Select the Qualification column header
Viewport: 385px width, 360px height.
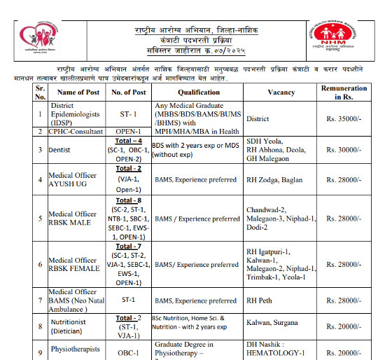pyautogui.click(x=198, y=92)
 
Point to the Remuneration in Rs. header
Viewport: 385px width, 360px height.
pyautogui.click(x=344, y=92)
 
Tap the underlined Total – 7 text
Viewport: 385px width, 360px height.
pyautogui.click(x=128, y=247)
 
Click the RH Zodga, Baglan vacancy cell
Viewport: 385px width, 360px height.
pyautogui.click(x=274, y=180)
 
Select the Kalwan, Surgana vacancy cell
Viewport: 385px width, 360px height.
pyautogui.click(x=272, y=323)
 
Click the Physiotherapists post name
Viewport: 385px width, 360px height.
pyautogui.click(x=75, y=349)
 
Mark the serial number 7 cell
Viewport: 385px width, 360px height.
pyautogui.click(x=41, y=300)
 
